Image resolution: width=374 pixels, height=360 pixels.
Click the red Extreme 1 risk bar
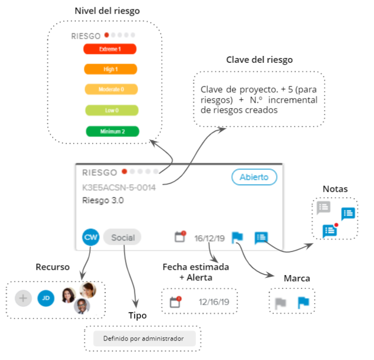point(110,49)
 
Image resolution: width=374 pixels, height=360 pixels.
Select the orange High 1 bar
point(111,69)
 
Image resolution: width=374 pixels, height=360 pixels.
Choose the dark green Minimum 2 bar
point(112,131)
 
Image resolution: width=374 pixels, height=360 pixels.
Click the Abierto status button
point(254,177)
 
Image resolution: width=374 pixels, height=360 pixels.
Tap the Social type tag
point(122,237)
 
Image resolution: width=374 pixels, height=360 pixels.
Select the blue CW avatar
point(91,237)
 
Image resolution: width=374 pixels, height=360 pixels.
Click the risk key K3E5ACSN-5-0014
point(119,188)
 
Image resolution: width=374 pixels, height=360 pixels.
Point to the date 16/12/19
point(209,238)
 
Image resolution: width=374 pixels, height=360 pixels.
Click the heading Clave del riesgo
point(259,60)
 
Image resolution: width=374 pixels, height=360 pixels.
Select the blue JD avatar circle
point(46,298)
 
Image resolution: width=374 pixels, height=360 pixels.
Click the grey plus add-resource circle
point(23,298)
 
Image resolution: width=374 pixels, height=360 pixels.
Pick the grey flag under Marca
point(280,303)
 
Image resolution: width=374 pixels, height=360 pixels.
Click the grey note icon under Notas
point(323,207)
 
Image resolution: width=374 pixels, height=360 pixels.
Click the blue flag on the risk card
point(238,238)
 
